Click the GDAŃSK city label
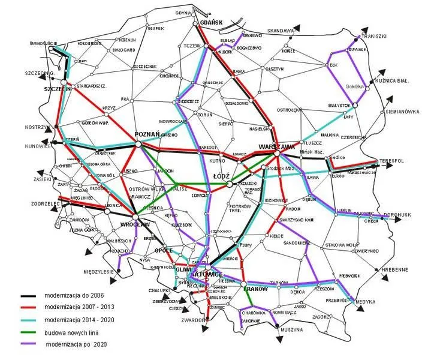tap(210, 23)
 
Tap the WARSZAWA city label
tap(277, 146)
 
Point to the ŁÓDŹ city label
tap(222, 176)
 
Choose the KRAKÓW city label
tap(255, 288)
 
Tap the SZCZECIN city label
tap(58, 89)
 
